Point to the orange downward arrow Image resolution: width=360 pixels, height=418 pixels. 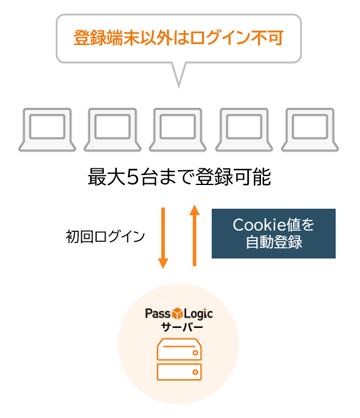point(164,237)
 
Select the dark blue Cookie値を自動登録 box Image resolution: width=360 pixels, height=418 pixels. point(273,234)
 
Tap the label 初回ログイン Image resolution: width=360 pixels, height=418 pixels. point(105,237)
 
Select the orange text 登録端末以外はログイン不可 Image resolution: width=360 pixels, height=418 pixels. point(178,39)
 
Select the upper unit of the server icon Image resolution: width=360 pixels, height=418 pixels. point(179,350)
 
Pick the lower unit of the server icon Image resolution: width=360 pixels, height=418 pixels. point(179,372)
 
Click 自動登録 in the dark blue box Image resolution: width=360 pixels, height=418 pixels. point(273,242)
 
